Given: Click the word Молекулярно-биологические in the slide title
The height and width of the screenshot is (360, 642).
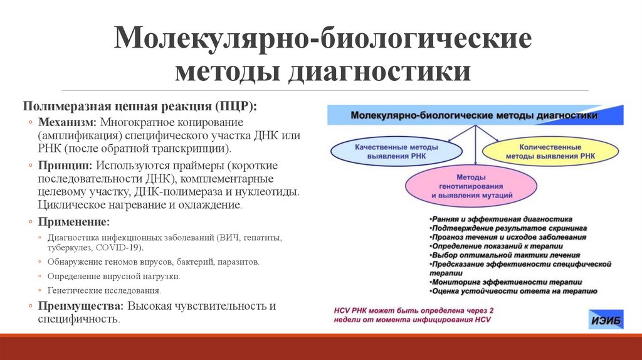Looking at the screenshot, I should click(x=322, y=40).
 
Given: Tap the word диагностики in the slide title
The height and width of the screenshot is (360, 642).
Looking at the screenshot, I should click(x=379, y=71).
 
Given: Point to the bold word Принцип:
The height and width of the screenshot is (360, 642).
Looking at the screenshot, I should click(x=65, y=165).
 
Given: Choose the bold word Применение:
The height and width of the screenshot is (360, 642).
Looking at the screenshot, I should click(x=74, y=221).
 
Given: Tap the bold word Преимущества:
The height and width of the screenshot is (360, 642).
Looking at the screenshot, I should click(x=82, y=306).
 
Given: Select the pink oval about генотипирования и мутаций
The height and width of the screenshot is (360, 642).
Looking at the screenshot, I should click(x=471, y=187).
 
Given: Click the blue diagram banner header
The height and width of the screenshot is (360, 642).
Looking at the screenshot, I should click(x=475, y=115).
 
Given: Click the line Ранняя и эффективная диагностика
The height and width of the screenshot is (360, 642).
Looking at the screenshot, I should click(x=500, y=220).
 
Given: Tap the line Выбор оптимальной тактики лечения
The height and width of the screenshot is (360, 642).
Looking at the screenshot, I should click(x=505, y=255).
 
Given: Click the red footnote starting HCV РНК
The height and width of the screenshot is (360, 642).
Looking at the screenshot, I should click(x=414, y=315).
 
